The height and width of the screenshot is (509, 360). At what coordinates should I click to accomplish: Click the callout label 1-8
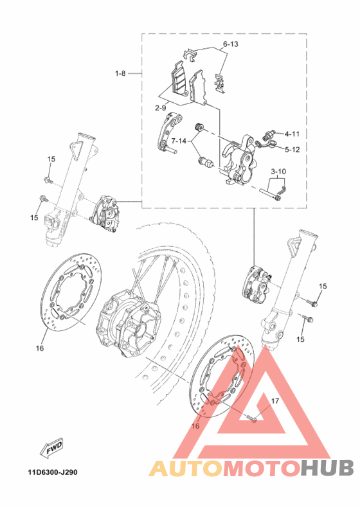pos(120,74)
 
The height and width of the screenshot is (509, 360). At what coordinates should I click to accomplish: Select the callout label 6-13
pos(230,44)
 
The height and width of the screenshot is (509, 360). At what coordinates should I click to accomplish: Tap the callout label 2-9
pos(160,108)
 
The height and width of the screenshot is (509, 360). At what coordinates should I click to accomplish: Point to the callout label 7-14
pos(179,141)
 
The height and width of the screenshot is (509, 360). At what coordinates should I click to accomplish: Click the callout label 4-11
pos(292,134)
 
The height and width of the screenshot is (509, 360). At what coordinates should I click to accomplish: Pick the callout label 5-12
pos(292,150)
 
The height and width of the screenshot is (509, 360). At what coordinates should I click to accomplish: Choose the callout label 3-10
pos(278,171)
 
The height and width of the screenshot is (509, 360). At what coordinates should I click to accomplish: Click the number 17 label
pos(274,401)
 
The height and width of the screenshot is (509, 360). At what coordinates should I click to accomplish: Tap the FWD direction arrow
pos(51,449)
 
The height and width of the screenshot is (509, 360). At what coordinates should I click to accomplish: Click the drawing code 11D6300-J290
pos(53,472)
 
